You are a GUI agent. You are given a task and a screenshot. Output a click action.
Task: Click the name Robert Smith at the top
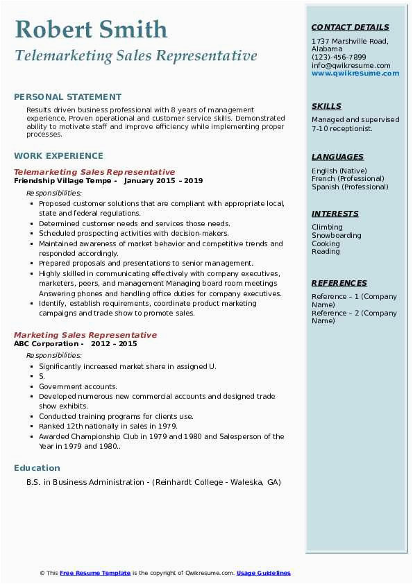(x=91, y=30)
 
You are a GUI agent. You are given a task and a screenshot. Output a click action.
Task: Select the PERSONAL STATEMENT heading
(x=67, y=97)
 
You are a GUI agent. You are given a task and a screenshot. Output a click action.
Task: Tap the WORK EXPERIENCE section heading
(x=58, y=156)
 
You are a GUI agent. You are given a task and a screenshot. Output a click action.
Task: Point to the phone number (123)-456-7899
(x=339, y=58)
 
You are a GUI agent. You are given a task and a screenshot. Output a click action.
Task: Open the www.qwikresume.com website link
(x=355, y=74)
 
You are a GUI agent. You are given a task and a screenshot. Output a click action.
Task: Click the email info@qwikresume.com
(x=351, y=66)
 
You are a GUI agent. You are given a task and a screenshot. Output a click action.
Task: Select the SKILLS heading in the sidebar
(x=326, y=107)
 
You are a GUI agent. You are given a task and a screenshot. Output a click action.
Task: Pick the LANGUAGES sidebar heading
(x=337, y=157)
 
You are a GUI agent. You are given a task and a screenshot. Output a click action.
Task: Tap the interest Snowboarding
(x=337, y=236)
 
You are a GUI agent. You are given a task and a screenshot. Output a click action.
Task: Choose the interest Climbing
(x=327, y=227)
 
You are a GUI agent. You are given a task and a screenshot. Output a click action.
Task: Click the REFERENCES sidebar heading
(x=339, y=284)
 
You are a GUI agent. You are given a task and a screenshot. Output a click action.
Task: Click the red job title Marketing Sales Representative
(x=85, y=335)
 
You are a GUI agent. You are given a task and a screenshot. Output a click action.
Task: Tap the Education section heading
(x=37, y=468)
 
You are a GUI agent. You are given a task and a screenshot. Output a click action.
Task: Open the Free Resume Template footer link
(x=95, y=573)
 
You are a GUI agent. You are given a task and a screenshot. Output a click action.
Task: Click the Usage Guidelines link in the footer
(x=263, y=573)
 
